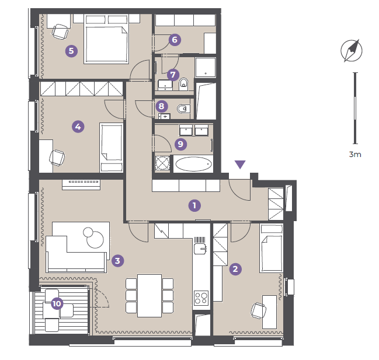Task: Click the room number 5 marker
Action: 71,51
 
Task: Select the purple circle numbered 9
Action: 180,144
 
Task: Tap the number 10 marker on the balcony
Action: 57,303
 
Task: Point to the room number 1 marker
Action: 194,205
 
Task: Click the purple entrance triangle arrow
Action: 240,164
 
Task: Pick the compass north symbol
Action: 352,51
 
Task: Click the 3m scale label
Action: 355,154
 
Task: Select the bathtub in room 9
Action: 193,164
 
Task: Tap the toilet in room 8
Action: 183,109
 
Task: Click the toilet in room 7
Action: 184,83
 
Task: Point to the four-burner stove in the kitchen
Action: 201,298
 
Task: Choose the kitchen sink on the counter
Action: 200,249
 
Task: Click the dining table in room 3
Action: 149,296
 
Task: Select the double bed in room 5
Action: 107,39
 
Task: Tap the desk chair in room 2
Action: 258,310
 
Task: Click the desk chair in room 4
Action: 57,158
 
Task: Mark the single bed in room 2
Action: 272,248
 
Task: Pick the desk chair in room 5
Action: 60,32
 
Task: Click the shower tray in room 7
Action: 206,67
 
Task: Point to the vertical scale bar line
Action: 355,108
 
